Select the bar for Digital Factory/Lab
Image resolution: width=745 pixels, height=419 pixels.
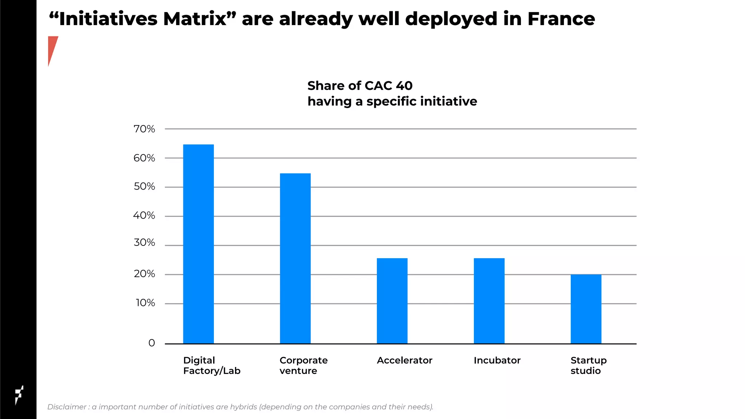pyautogui.click(x=198, y=244)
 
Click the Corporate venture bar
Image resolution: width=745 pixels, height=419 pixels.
pyautogui.click(x=295, y=258)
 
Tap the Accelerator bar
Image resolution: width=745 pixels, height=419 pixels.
pyautogui.click(x=392, y=301)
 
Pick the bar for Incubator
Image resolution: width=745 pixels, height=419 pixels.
pyautogui.click(x=489, y=301)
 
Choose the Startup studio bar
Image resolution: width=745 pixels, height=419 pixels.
pyautogui.click(x=586, y=309)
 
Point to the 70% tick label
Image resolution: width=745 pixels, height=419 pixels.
pyautogui.click(x=144, y=129)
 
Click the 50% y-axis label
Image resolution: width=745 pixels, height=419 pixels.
pyautogui.click(x=144, y=187)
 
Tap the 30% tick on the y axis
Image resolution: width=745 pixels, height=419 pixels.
pyautogui.click(x=144, y=243)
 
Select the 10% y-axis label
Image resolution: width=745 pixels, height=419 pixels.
pyautogui.click(x=145, y=303)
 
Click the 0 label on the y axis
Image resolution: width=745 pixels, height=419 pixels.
pyautogui.click(x=151, y=343)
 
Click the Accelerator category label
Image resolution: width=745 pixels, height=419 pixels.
pyautogui.click(x=404, y=360)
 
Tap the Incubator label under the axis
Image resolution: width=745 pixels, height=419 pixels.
pyautogui.click(x=497, y=360)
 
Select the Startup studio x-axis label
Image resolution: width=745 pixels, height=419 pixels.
pyautogui.click(x=588, y=366)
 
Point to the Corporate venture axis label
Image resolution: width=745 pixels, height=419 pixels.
pyautogui.click(x=303, y=366)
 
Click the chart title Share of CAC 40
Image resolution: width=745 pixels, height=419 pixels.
pyautogui.click(x=360, y=86)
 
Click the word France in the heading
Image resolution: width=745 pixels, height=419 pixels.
pyautogui.click(x=561, y=19)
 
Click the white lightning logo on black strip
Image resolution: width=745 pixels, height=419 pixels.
pyautogui.click(x=19, y=395)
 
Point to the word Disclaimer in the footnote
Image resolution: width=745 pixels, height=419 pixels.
pyautogui.click(x=67, y=407)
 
